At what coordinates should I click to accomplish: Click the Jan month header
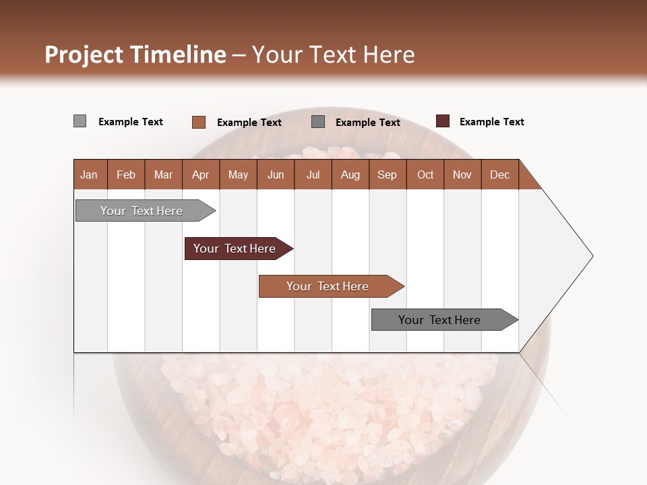tap(89, 174)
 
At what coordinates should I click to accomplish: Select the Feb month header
tap(126, 174)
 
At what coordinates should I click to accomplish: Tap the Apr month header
tap(200, 174)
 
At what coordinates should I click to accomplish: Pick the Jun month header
tap(276, 174)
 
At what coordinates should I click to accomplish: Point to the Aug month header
tap(350, 174)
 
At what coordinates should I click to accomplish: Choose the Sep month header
tap(387, 174)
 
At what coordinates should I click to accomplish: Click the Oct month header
tap(425, 174)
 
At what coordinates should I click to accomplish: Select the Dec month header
tap(499, 174)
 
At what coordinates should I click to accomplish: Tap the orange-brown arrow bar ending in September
tap(328, 286)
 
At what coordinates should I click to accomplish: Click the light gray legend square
tap(80, 121)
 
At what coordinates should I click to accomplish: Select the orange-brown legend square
tap(199, 122)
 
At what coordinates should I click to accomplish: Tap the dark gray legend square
tap(318, 122)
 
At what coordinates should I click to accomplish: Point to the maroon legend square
tap(443, 121)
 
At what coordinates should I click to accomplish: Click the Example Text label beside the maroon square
tap(491, 122)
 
